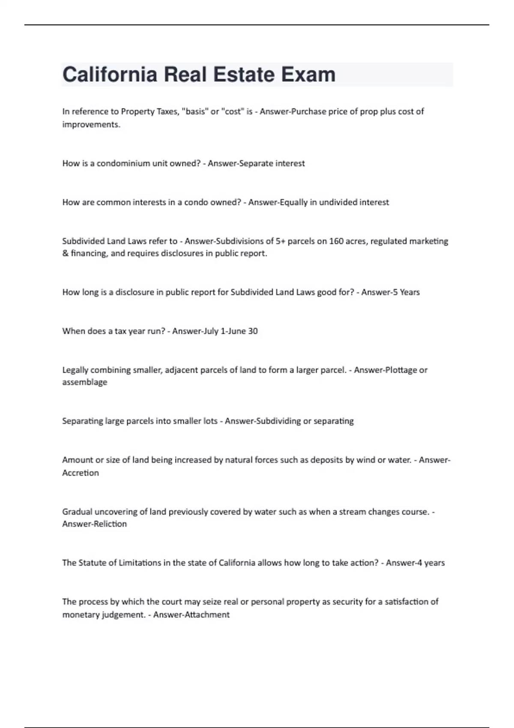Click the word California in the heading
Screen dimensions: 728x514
click(110, 75)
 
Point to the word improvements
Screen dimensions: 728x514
click(91, 125)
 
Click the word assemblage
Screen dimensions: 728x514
click(85, 382)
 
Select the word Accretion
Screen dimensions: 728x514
click(81, 473)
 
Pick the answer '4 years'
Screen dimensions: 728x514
click(427, 563)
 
